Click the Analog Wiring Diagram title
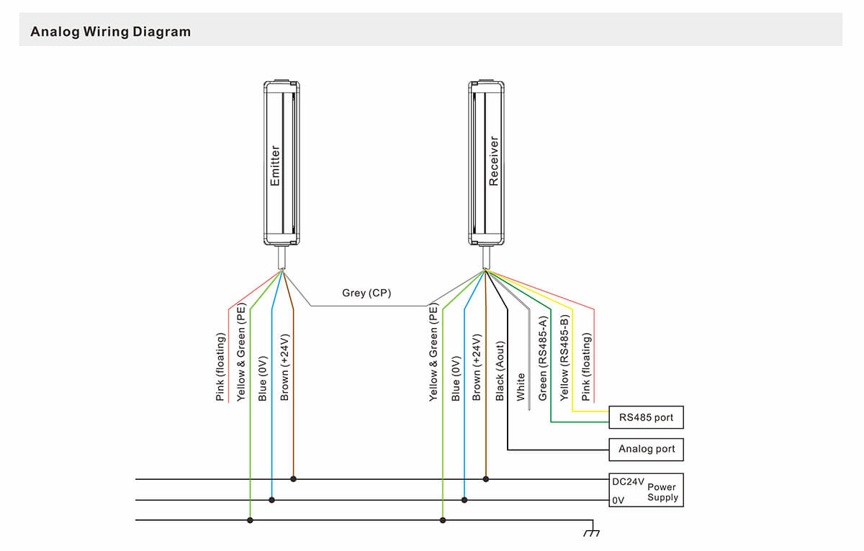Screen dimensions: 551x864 [110, 32]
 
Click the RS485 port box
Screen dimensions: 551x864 [646, 417]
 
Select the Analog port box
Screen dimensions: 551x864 [646, 449]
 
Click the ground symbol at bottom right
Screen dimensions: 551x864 [592, 532]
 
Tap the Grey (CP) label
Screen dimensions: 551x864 [366, 293]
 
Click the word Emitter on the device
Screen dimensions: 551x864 [274, 165]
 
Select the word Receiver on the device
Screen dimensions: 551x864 [493, 162]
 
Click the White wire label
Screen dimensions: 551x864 [521, 386]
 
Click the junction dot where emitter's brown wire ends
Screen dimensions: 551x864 [293, 478]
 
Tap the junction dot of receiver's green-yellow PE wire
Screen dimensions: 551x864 [443, 519]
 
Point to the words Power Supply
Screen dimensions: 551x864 [662, 492]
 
